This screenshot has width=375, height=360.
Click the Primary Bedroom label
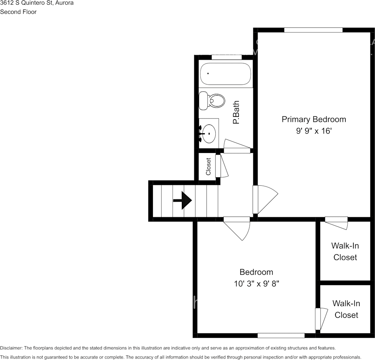314,119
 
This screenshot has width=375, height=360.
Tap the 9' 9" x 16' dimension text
314,131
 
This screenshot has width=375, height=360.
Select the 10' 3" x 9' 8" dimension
256,284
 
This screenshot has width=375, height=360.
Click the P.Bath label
236,112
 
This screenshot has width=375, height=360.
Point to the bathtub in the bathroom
226,74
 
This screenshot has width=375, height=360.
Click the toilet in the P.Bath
212,101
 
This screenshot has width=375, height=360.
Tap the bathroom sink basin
209,134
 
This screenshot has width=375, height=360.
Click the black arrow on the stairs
183,200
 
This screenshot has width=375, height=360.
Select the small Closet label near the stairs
208,166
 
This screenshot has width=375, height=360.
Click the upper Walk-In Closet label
345,251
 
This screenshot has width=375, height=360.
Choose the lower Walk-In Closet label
346,309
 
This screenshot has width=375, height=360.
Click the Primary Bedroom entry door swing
265,199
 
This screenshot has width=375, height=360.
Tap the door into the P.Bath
237,146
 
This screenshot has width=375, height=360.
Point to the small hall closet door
222,166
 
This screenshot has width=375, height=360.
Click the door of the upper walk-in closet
336,223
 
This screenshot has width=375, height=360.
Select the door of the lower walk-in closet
321,319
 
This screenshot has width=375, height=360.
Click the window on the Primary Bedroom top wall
313,30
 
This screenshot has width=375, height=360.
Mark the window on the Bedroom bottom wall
281,336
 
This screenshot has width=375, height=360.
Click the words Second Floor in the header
18,12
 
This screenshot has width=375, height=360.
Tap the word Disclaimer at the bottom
11,348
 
